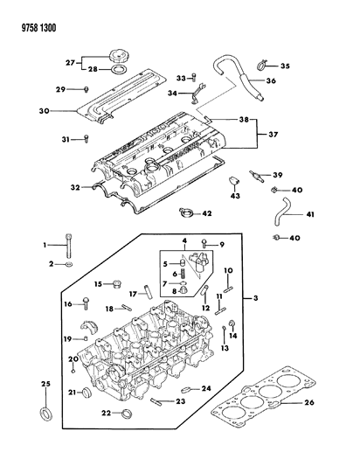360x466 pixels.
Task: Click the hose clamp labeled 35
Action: pyautogui.click(x=262, y=62)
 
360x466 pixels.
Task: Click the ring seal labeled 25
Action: pyautogui.click(x=45, y=412)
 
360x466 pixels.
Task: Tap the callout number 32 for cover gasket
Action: pyautogui.click(x=74, y=186)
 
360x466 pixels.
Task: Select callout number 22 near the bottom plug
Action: pyautogui.click(x=103, y=413)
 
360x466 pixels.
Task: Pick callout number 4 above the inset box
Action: pyautogui.click(x=184, y=240)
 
